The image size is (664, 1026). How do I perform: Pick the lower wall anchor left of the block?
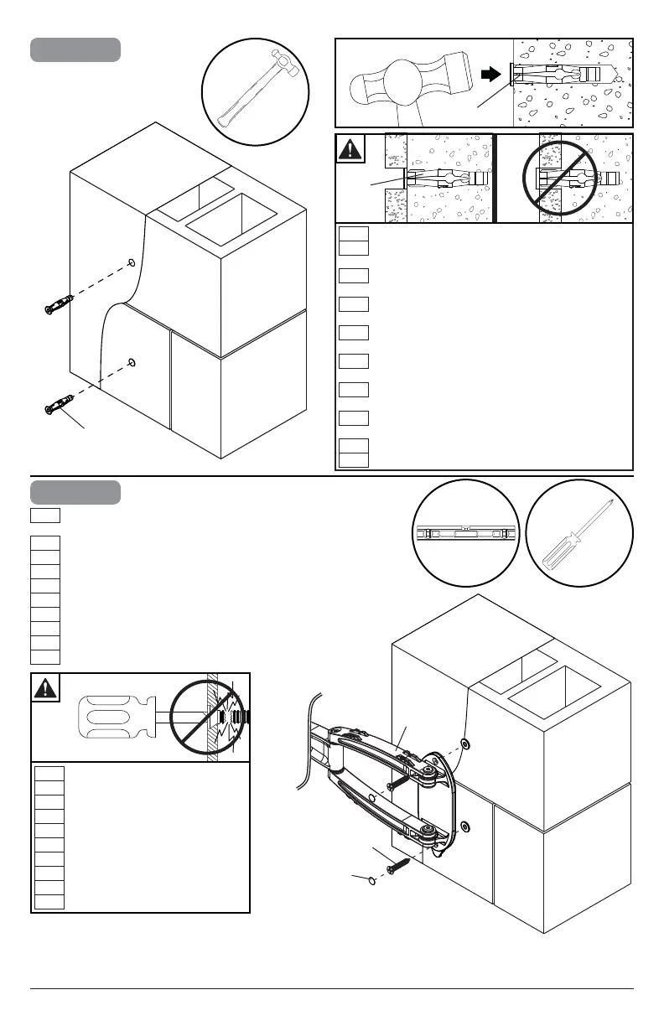(55, 406)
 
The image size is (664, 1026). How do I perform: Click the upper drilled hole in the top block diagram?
(132, 263)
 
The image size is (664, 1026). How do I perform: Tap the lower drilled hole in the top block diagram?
(132, 362)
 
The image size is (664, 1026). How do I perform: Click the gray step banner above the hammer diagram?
(75, 49)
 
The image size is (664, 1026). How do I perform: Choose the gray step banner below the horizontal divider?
(75, 492)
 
